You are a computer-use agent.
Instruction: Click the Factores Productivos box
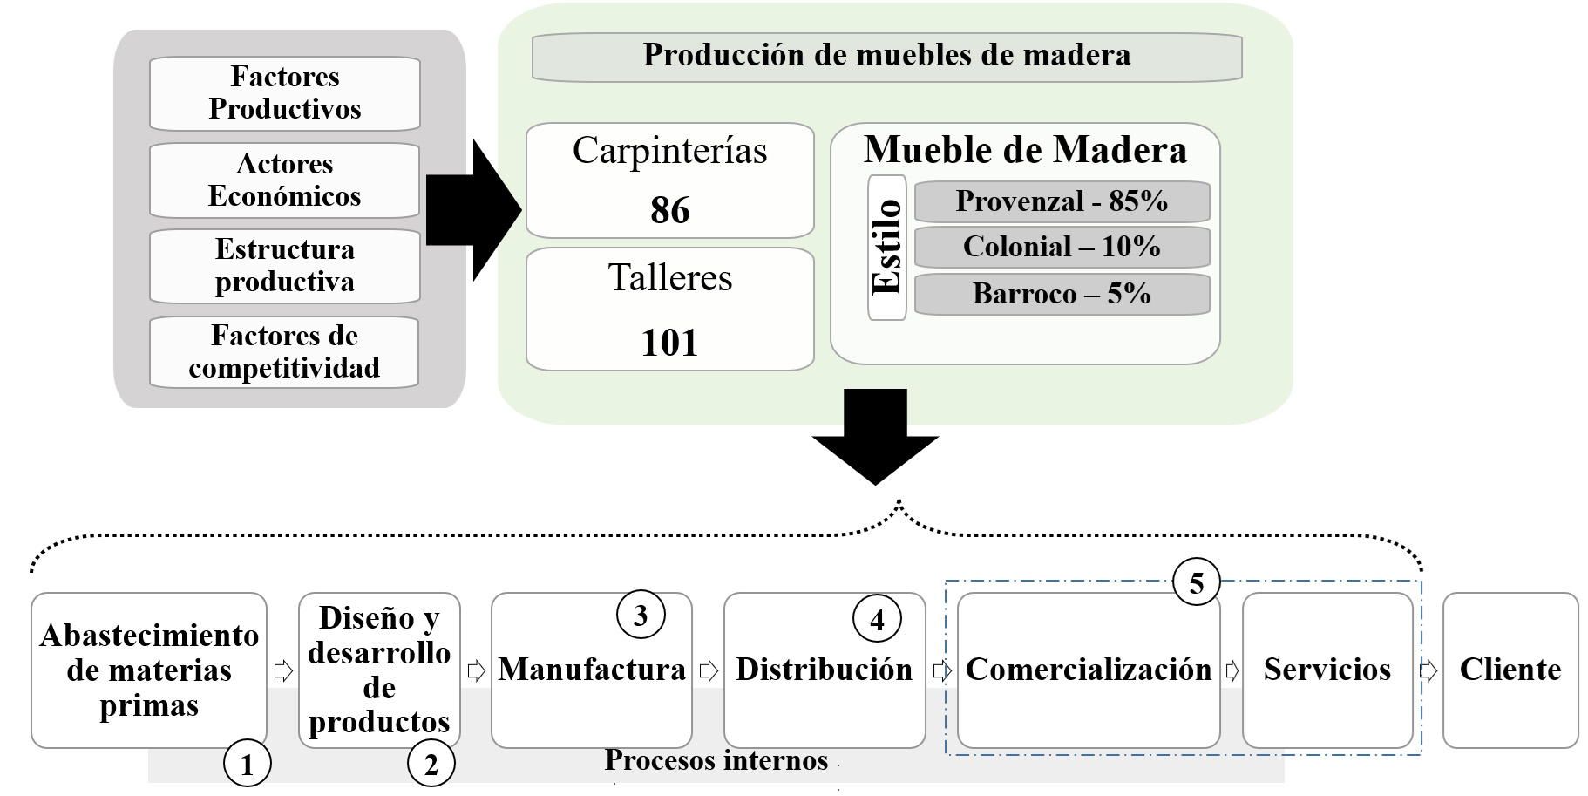[285, 93]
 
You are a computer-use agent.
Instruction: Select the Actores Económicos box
[285, 180]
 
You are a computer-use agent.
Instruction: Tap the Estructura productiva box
[285, 266]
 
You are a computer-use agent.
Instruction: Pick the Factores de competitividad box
[285, 352]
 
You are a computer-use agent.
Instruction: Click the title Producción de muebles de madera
[886, 56]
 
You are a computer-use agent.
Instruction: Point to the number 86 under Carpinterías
[669, 210]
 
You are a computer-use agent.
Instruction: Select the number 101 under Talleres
[669, 343]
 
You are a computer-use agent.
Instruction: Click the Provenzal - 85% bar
[1062, 201]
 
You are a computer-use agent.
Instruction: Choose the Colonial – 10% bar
[1062, 247]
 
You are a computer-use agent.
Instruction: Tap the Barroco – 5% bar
[1062, 294]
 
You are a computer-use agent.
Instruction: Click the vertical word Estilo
[887, 248]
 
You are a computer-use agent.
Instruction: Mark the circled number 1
[248, 764]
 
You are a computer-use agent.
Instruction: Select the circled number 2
[431, 764]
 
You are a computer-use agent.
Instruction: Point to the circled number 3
[641, 615]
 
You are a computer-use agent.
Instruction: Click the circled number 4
[877, 618]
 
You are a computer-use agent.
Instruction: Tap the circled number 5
[1197, 582]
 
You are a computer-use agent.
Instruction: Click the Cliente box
[1510, 670]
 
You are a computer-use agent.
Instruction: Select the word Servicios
[1327, 670]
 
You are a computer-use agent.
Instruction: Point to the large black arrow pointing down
[875, 440]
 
